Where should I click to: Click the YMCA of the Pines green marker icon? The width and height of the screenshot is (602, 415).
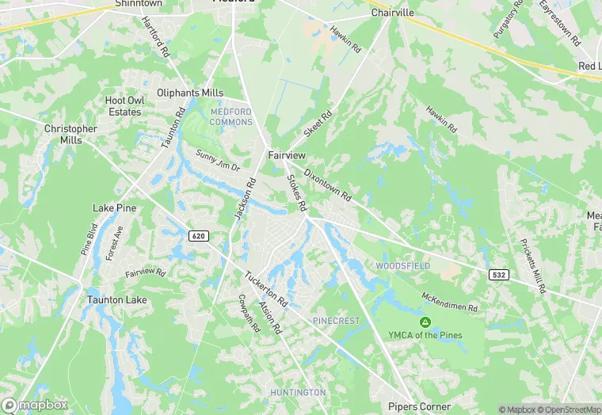425,322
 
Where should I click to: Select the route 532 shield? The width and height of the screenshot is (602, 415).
498,274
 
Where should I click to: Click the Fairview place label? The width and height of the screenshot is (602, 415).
287,155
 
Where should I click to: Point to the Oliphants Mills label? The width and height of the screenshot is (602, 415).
190,93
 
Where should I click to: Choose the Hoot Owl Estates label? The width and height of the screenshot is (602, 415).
124,106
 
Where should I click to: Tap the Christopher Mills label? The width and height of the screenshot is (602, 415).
70,134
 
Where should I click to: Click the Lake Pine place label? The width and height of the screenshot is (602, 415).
115,207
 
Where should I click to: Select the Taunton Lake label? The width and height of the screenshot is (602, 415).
116,300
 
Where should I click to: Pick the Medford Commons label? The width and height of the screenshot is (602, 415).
231,116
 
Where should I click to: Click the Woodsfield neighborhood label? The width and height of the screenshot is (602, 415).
403,266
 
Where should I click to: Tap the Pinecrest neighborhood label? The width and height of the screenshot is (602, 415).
336,321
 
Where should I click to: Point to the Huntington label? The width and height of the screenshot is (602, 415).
298,392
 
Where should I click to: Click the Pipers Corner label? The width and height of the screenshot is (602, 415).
419,406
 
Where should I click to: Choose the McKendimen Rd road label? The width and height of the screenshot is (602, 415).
450,303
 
